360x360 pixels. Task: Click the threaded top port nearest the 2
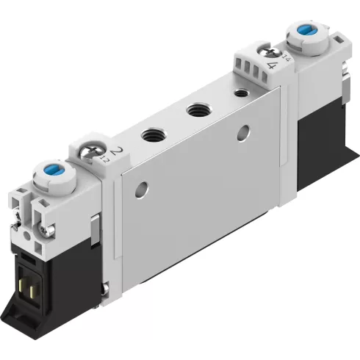(152, 135)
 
